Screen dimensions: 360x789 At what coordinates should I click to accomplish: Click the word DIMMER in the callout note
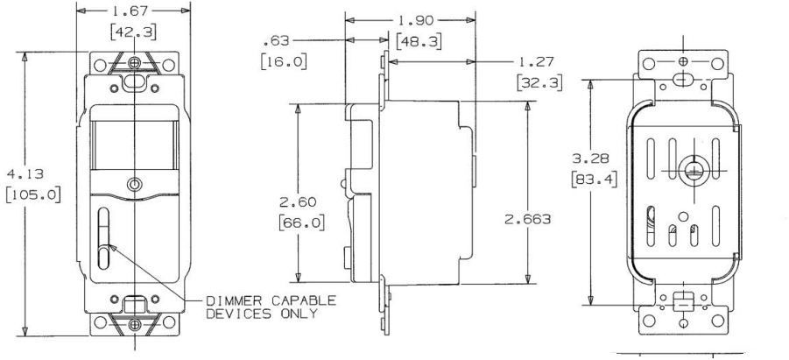(231, 300)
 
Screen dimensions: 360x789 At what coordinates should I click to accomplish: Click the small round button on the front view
(133, 185)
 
